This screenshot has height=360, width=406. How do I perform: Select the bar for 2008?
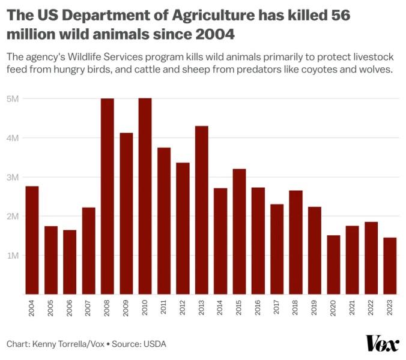coord(107,196)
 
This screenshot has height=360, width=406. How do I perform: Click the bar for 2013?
coord(201,210)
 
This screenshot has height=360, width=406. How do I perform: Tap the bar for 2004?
coord(32,240)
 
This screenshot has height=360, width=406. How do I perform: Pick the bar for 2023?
coord(390,266)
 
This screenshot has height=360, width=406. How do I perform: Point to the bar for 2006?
coord(70,262)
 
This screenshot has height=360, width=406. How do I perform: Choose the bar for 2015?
coord(239,232)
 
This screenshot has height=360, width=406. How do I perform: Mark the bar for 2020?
coord(333,265)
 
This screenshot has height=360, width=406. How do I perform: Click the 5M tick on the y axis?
coord(13,99)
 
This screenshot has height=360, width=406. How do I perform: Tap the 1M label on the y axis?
coord(13,256)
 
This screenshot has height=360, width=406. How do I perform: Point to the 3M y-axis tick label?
coord(13,178)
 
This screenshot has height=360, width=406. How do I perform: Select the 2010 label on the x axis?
coord(145,308)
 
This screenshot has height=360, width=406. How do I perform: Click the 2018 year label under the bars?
coord(295,308)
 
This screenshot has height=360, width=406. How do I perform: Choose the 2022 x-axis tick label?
coord(371,308)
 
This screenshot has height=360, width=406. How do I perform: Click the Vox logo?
coord(383,343)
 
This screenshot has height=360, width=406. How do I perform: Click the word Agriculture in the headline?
coord(213,16)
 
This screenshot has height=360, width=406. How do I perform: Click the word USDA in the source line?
coord(155,344)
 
